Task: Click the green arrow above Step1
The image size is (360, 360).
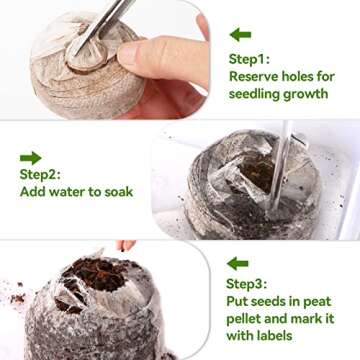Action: coord(240,35)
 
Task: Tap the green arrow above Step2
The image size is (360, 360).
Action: coord(31,157)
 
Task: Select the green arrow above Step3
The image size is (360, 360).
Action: coord(237,264)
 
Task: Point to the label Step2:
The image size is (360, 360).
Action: coord(41,175)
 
